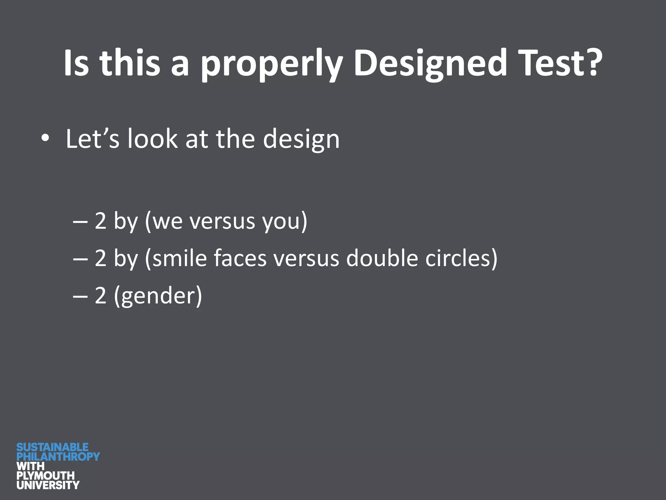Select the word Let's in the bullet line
click(x=92, y=139)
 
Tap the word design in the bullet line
click(x=301, y=139)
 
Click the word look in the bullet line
click(x=153, y=139)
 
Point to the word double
click(x=382, y=258)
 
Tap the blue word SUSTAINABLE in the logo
click(x=52, y=447)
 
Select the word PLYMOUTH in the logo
click(x=46, y=476)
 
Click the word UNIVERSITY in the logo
click(x=48, y=485)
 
